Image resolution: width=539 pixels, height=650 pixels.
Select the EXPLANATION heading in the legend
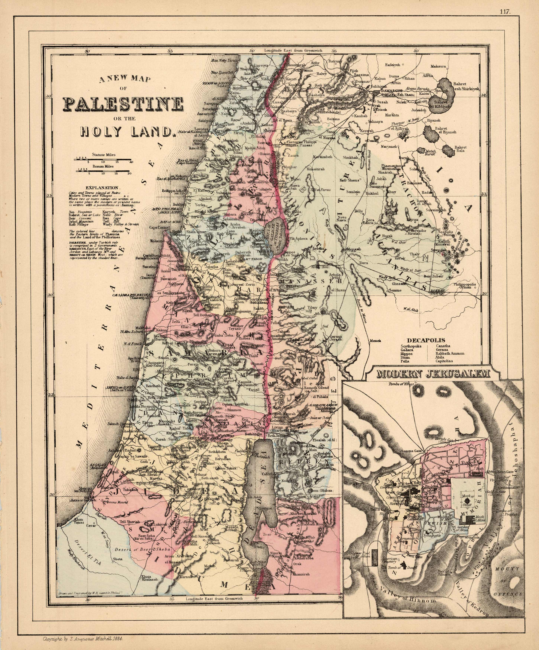[x=102, y=188]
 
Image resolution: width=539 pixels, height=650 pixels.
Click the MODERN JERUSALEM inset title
[x=434, y=374]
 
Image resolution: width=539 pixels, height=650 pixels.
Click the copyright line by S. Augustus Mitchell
[x=84, y=638]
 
